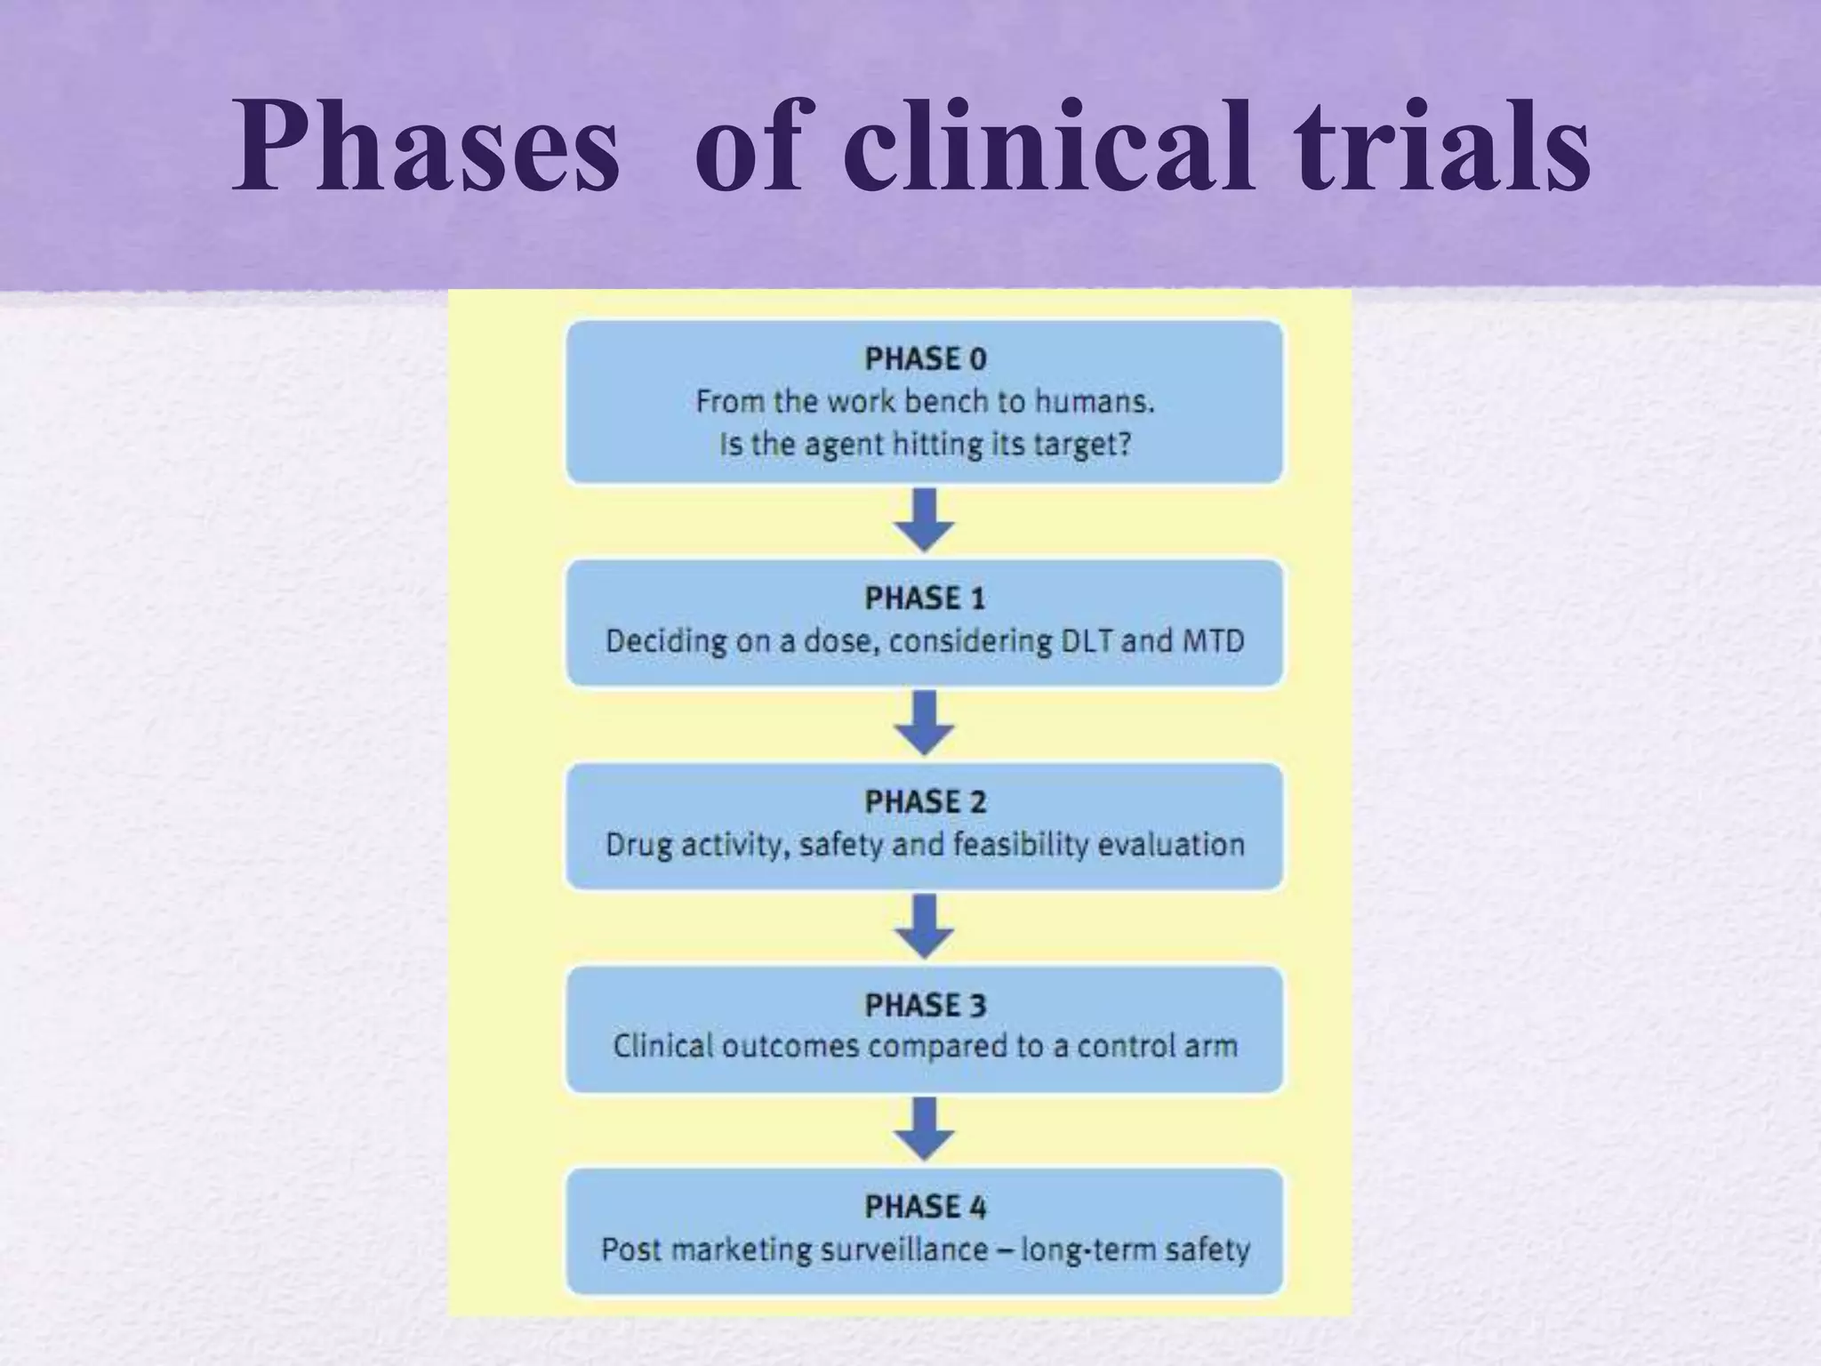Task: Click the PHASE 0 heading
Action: click(x=925, y=359)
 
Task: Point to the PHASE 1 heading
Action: click(x=925, y=599)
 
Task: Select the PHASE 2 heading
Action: click(x=925, y=802)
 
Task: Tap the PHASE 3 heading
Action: click(x=925, y=1006)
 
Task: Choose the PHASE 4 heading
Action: click(x=925, y=1208)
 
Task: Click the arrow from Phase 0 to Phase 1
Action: click(x=924, y=520)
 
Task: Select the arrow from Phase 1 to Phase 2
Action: click(x=924, y=723)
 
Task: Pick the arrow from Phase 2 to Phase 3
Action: click(x=924, y=926)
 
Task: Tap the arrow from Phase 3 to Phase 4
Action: click(x=924, y=1129)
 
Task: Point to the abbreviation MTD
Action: click(x=1213, y=641)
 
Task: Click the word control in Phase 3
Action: click(x=1127, y=1047)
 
